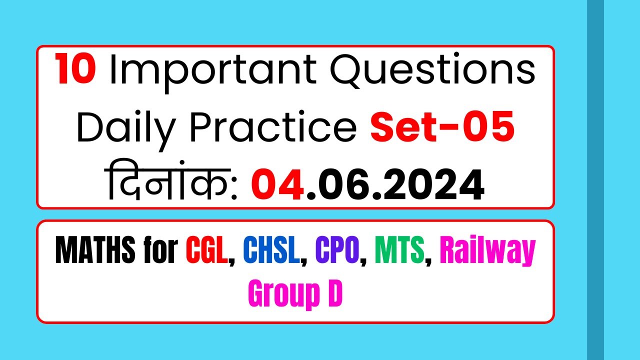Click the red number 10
point(76,70)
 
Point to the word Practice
point(273,127)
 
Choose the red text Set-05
point(442,127)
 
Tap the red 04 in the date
point(276,185)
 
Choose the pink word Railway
point(487,252)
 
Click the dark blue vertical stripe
point(595,180)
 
